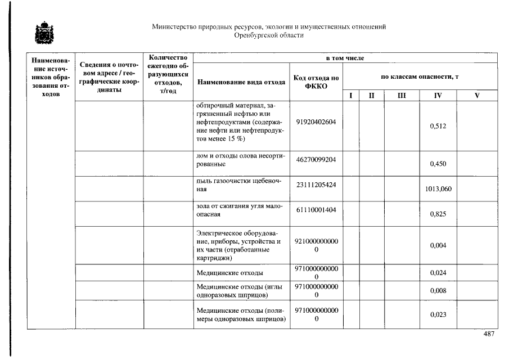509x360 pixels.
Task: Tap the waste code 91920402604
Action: click(316, 122)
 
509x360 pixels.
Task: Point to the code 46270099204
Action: click(316, 160)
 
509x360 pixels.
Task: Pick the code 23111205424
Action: click(316, 184)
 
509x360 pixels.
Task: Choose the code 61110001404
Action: click(316, 209)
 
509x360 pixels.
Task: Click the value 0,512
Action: click(438, 126)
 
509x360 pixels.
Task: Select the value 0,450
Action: click(438, 164)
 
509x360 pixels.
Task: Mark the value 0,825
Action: click(438, 214)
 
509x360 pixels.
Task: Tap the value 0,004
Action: click(438, 245)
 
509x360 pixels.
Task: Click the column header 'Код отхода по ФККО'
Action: click(316, 82)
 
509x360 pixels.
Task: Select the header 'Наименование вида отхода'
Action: click(241, 82)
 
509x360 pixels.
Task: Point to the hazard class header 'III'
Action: click(401, 96)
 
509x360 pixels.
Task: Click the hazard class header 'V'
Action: click(477, 96)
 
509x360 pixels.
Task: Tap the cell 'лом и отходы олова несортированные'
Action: click(241, 160)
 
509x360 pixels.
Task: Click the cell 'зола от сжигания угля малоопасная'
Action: click(241, 210)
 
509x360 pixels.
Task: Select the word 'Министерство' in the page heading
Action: click(172, 26)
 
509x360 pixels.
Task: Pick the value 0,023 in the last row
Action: click(438, 314)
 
